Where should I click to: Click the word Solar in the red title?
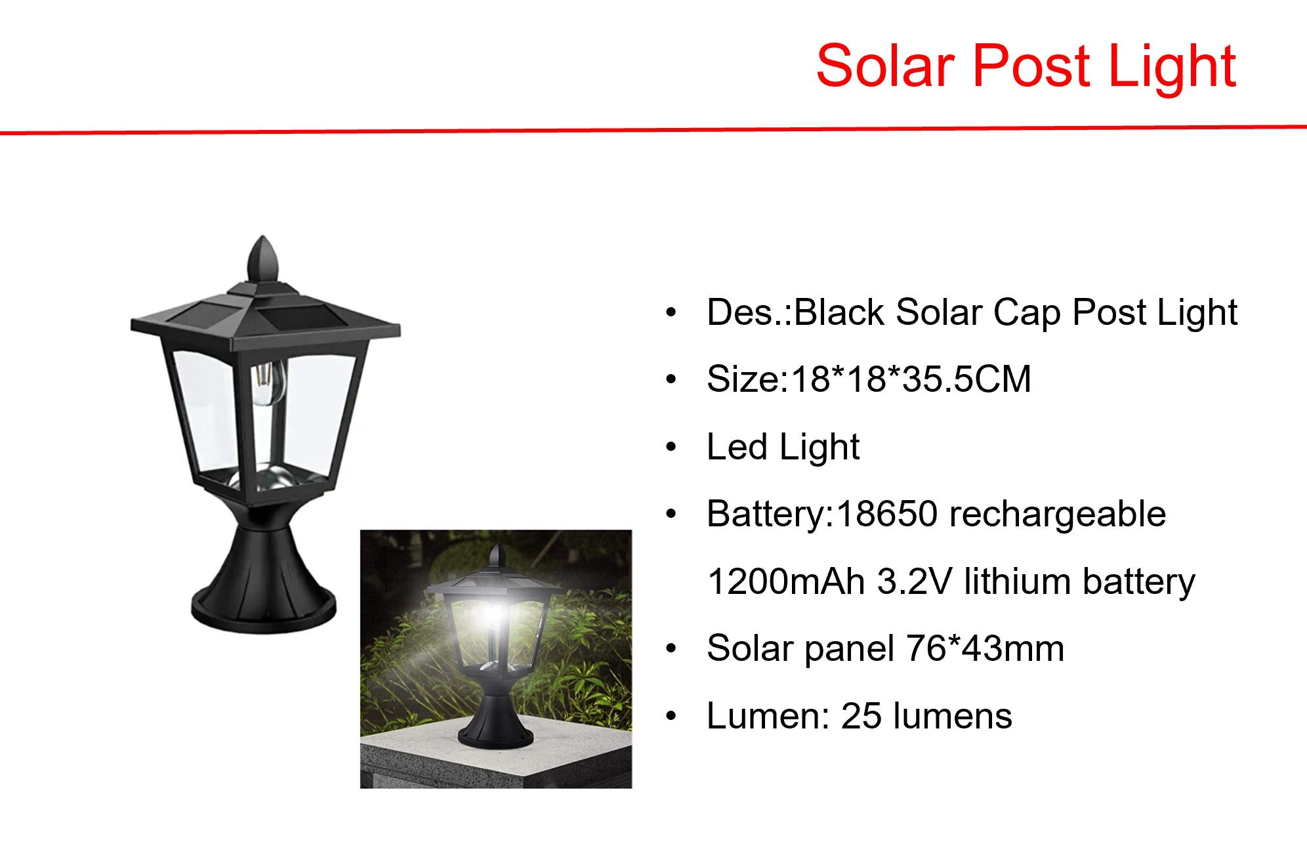click(885, 66)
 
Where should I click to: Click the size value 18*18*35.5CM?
click(911, 379)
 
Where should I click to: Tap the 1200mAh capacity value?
click(785, 581)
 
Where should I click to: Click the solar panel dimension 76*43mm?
click(984, 648)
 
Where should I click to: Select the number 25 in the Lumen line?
click(861, 716)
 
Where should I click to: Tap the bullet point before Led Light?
click(671, 448)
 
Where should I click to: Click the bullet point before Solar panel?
click(671, 649)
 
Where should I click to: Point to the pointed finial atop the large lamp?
click(263, 259)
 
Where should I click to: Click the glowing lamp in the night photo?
click(497, 623)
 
